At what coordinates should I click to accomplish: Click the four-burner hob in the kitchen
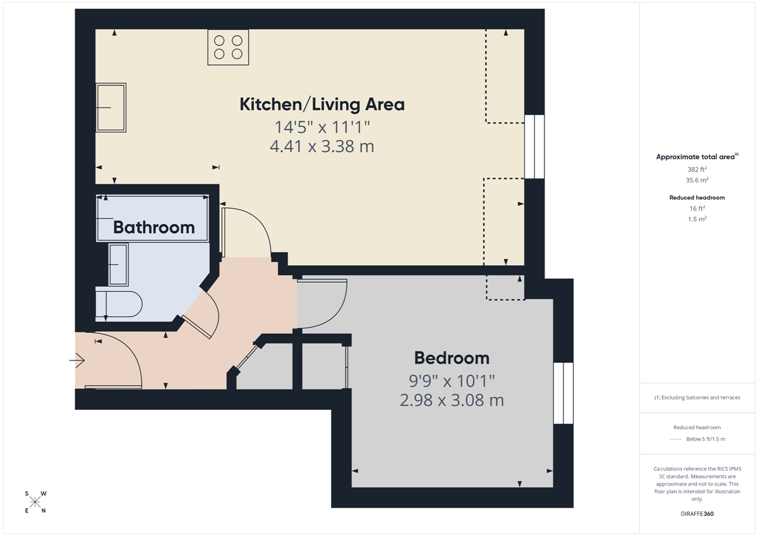tap(228, 47)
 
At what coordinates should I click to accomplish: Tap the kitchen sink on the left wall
tap(111, 107)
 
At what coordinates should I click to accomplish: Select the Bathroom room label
tap(154, 227)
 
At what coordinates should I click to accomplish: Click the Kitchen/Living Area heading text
tap(322, 104)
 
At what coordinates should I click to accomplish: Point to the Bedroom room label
tap(452, 358)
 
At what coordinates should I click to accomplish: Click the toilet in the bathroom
tap(119, 304)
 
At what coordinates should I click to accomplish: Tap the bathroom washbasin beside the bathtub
tap(118, 265)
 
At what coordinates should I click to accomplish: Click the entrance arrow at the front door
tap(77, 360)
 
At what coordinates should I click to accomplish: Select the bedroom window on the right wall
tap(563, 393)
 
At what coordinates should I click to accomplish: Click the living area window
tap(534, 146)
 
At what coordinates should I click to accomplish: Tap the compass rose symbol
tap(35, 502)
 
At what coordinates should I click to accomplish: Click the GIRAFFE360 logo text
tap(697, 514)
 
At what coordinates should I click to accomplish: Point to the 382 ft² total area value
tap(697, 169)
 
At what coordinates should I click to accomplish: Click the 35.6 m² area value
tap(697, 180)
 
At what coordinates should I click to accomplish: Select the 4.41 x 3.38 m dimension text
tap(322, 146)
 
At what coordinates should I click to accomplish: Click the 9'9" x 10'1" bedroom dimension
tap(452, 381)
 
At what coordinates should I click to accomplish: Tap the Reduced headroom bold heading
tap(697, 198)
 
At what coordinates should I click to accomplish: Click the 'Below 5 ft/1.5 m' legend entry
tap(706, 439)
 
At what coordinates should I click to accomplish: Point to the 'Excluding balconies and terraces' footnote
tap(697, 397)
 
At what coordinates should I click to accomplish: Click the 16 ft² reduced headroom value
tap(697, 208)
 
